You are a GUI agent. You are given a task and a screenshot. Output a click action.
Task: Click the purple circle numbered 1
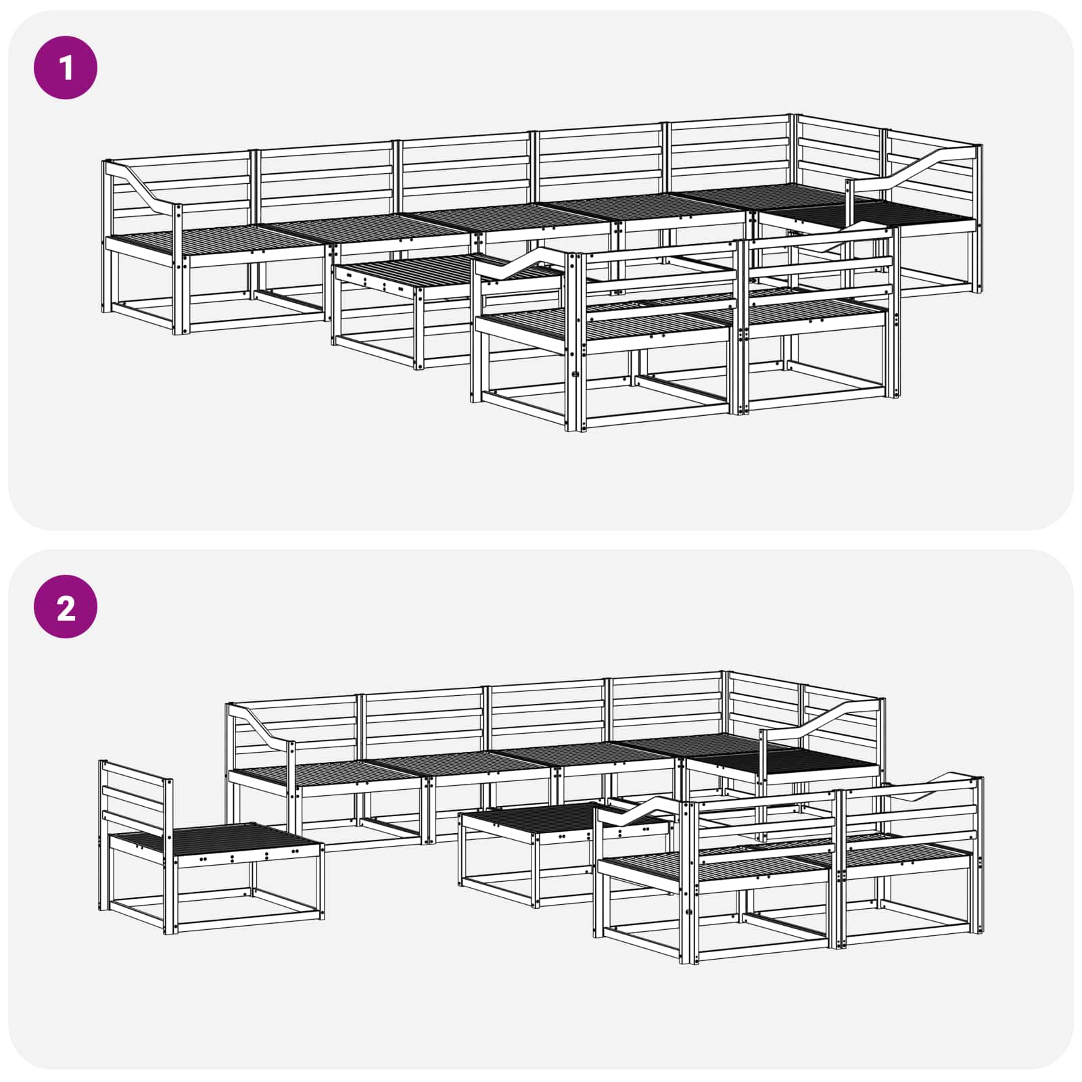point(66,68)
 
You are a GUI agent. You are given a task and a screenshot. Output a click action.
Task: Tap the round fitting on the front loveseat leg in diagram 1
point(575,374)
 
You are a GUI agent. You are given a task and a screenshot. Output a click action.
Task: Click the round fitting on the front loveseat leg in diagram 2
point(688,912)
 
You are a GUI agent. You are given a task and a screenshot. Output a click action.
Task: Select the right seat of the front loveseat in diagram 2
point(906,855)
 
